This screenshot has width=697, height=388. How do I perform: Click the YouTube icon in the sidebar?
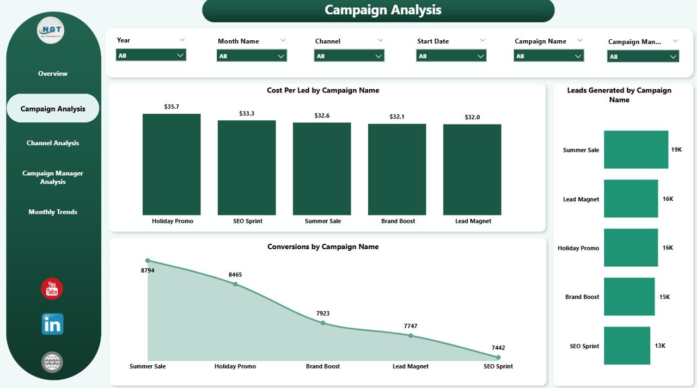tap(52, 288)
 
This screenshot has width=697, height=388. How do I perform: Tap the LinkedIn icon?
tap(52, 324)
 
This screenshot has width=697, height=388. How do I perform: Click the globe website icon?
tap(52, 362)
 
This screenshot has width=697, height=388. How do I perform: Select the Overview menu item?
tap(53, 73)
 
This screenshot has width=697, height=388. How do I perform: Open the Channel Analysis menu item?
tap(53, 143)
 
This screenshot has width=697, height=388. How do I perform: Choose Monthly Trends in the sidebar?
tap(53, 212)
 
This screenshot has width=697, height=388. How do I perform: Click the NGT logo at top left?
tap(51, 30)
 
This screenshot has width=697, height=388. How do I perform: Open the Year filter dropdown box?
tap(151, 55)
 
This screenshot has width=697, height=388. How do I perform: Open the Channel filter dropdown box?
tap(349, 56)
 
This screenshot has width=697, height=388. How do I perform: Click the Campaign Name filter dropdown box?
tap(548, 56)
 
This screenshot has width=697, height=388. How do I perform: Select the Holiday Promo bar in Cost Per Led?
tap(172, 164)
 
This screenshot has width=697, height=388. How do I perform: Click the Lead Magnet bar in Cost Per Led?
tap(472, 169)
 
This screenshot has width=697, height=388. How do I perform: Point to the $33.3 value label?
tap(247, 114)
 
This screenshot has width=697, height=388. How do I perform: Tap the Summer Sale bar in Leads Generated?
tap(635, 150)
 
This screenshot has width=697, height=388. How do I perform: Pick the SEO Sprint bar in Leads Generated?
tap(627, 346)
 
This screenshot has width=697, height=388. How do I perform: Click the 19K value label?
tap(676, 150)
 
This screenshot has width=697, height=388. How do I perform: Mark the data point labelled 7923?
tap(323, 323)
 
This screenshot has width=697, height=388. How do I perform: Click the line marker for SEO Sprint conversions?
tap(498, 358)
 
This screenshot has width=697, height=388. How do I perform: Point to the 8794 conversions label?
tap(148, 270)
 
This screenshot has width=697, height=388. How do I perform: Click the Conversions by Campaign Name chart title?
tap(323, 247)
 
